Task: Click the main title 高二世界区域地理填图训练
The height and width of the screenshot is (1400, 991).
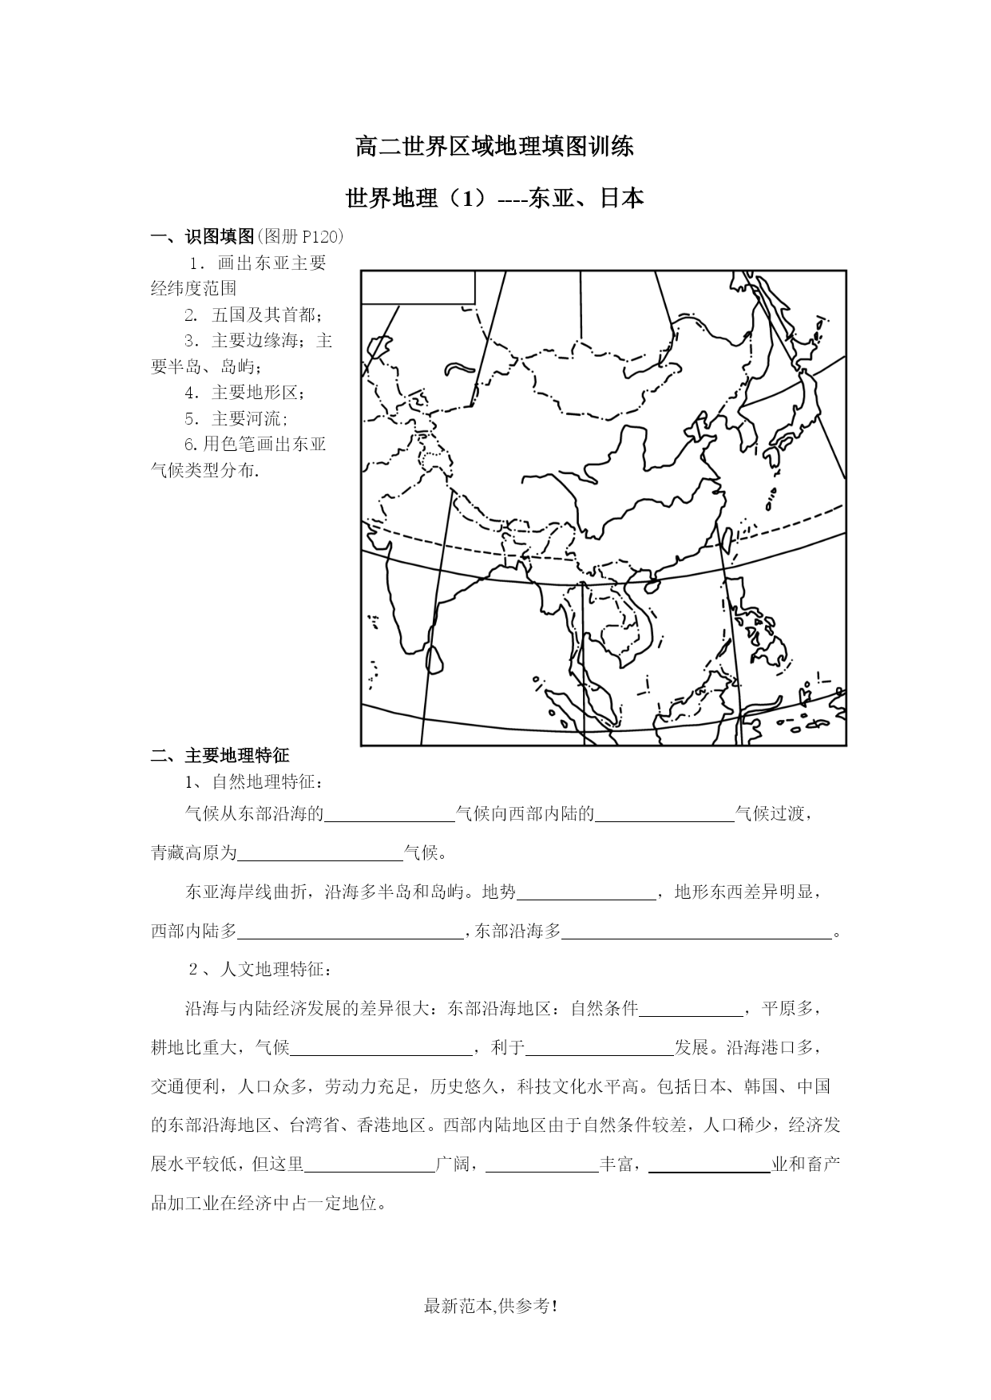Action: [x=495, y=147]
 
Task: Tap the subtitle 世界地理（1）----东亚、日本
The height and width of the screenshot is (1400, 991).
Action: [x=495, y=198]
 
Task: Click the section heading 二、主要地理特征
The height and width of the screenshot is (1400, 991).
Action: [x=220, y=755]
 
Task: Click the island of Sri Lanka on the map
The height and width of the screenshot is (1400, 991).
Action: [x=435, y=659]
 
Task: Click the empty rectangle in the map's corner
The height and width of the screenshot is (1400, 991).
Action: [x=418, y=287]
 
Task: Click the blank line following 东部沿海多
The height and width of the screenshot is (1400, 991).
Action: [x=697, y=932]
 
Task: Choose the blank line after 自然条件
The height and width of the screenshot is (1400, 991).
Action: [x=691, y=1010]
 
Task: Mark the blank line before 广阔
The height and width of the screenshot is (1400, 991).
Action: [x=370, y=1165]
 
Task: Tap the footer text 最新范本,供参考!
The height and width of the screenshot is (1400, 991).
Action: [x=490, y=1307]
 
